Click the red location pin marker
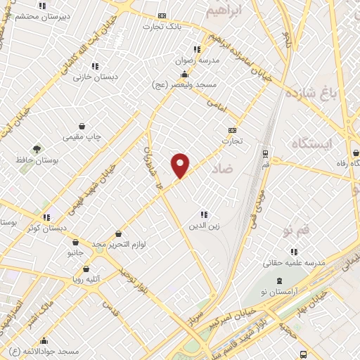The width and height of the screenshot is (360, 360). coord(181,165)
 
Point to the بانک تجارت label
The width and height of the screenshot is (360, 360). coord(162,27)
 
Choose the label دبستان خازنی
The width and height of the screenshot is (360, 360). coord(96,77)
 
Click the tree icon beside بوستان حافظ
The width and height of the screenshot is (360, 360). coord(37,148)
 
